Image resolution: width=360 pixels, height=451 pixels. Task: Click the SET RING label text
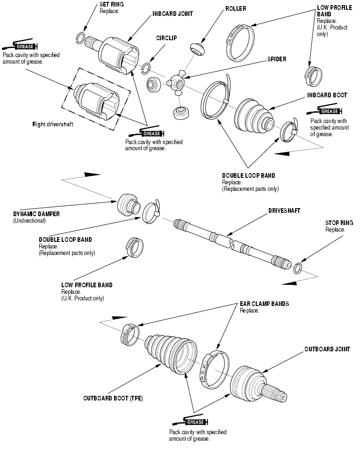[111, 4]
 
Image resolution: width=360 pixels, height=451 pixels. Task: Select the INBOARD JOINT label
[172, 14]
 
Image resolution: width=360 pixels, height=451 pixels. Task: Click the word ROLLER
[236, 8]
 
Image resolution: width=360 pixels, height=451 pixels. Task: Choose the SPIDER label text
[277, 59]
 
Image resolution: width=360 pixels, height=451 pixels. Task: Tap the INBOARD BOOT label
[327, 95]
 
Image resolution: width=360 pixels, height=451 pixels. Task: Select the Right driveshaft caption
[53, 124]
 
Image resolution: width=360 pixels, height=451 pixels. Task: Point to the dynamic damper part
[127, 204]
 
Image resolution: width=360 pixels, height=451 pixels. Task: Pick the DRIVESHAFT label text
[284, 211]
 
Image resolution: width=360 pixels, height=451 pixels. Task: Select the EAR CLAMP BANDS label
[264, 304]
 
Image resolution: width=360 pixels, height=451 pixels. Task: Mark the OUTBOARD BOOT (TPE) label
[113, 399]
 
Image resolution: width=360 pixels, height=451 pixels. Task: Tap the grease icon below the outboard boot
[194, 421]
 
